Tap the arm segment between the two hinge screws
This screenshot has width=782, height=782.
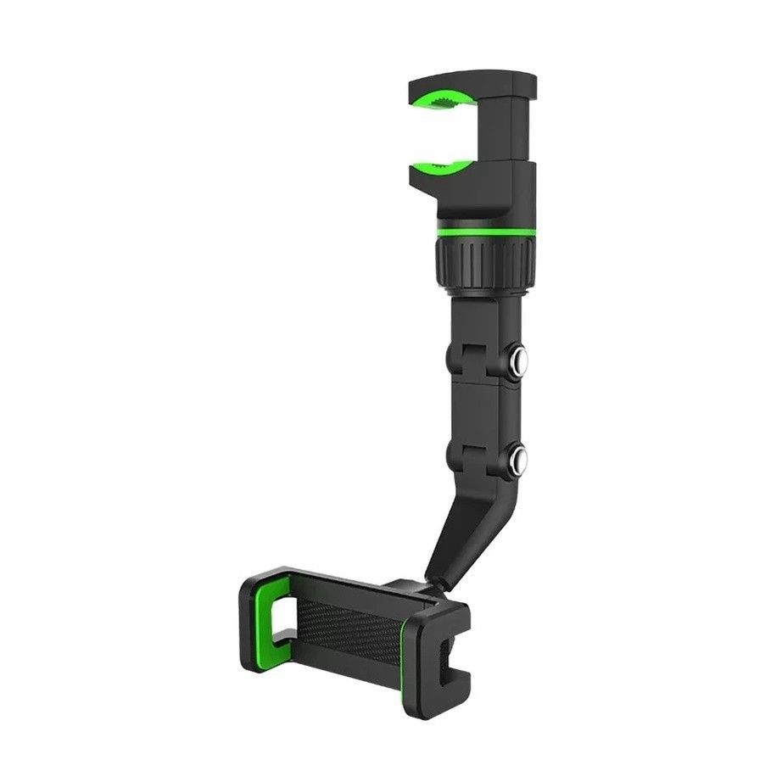point(485,411)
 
